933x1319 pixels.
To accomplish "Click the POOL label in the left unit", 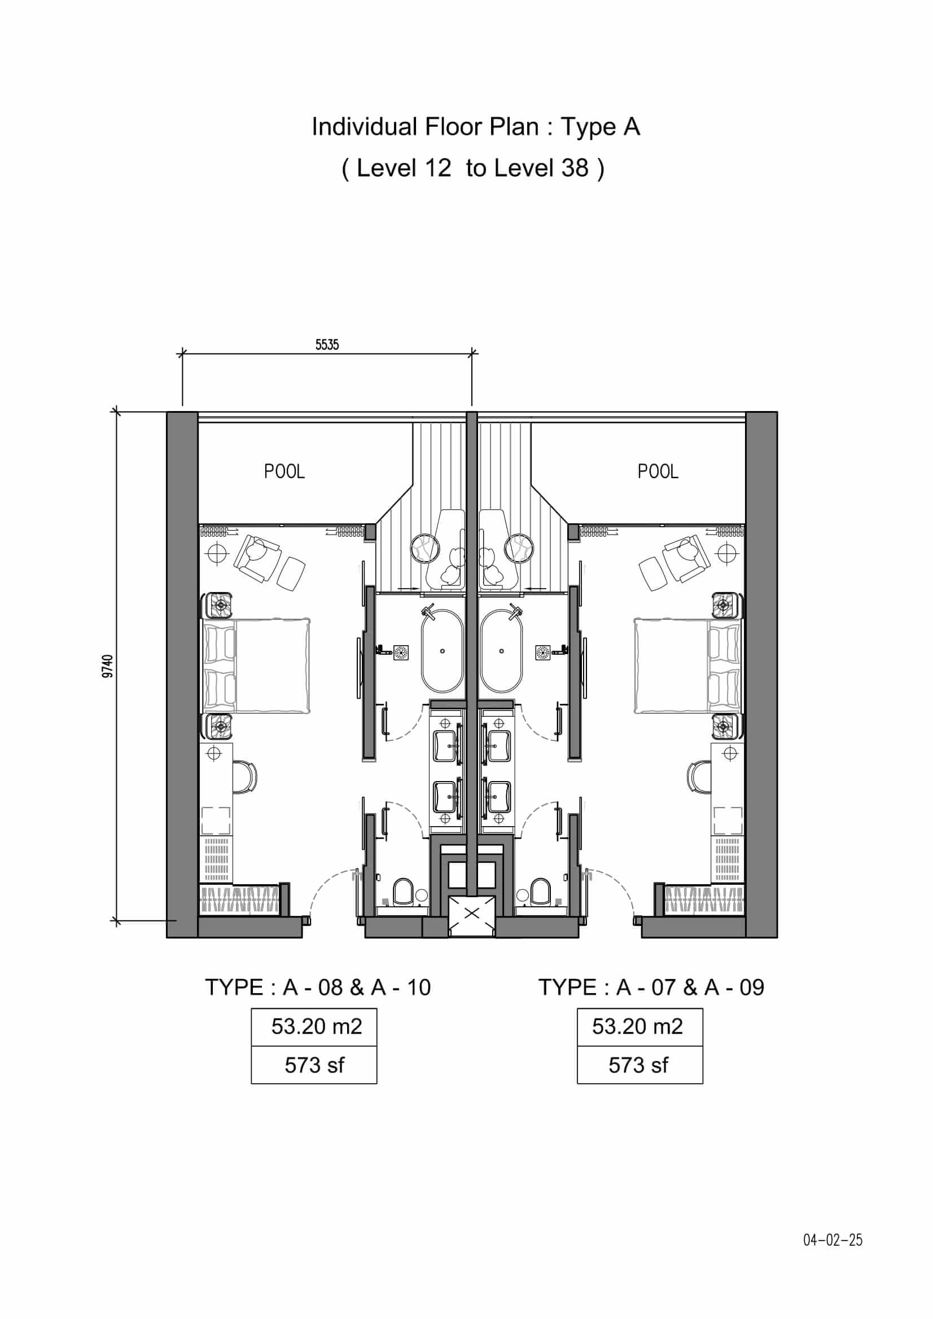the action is pyautogui.click(x=284, y=471).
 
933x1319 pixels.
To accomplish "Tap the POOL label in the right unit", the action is pyautogui.click(x=658, y=471).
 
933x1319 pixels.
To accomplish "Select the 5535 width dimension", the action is pyautogui.click(x=327, y=345).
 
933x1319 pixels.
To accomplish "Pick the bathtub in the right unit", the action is pyautogui.click(x=502, y=651).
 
